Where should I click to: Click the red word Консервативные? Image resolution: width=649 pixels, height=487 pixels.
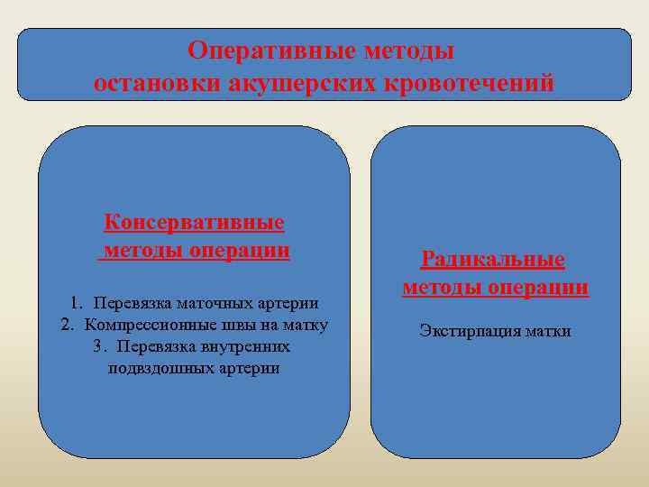click(195, 222)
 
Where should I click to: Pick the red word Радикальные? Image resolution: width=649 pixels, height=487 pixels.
click(493, 260)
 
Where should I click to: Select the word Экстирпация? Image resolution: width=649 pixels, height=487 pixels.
click(464, 331)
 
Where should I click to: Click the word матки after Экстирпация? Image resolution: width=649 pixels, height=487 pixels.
click(545, 331)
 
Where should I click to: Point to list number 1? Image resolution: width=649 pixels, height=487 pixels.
click(76, 303)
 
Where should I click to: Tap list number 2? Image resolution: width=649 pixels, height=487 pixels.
click(67, 325)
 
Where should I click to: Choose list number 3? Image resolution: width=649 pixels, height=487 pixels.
click(98, 346)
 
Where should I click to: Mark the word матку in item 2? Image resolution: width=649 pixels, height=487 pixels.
click(305, 325)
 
